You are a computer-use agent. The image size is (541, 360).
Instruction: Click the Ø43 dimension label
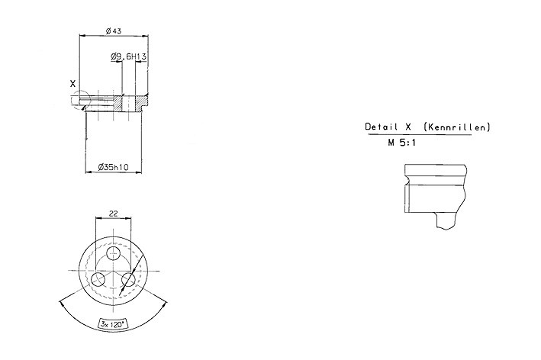tap(114, 31)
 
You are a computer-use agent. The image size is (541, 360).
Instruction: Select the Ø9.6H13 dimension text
tap(129, 56)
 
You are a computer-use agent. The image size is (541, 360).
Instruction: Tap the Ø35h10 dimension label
tap(113, 167)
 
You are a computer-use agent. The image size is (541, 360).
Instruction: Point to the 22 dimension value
tap(113, 214)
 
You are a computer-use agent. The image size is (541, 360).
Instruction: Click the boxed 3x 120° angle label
tap(113, 324)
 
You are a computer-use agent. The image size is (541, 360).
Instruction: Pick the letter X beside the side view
tap(72, 83)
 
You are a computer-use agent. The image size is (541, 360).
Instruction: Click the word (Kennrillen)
tap(456, 127)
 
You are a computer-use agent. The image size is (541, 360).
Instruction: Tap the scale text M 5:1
tap(401, 143)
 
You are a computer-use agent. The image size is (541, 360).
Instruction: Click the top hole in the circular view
tap(113, 253)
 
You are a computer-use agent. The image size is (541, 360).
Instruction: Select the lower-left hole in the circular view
tap(98, 279)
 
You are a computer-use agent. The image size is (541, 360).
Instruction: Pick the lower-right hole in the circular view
tap(128, 279)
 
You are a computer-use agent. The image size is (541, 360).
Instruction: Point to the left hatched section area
tap(118, 104)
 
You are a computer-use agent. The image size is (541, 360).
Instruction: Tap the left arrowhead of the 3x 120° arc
tap(62, 304)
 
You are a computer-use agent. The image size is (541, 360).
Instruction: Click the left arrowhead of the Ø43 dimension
tap(82, 35)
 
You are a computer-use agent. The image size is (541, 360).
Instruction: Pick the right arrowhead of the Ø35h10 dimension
tap(139, 172)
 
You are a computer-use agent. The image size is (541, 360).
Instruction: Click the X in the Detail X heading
tap(407, 127)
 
